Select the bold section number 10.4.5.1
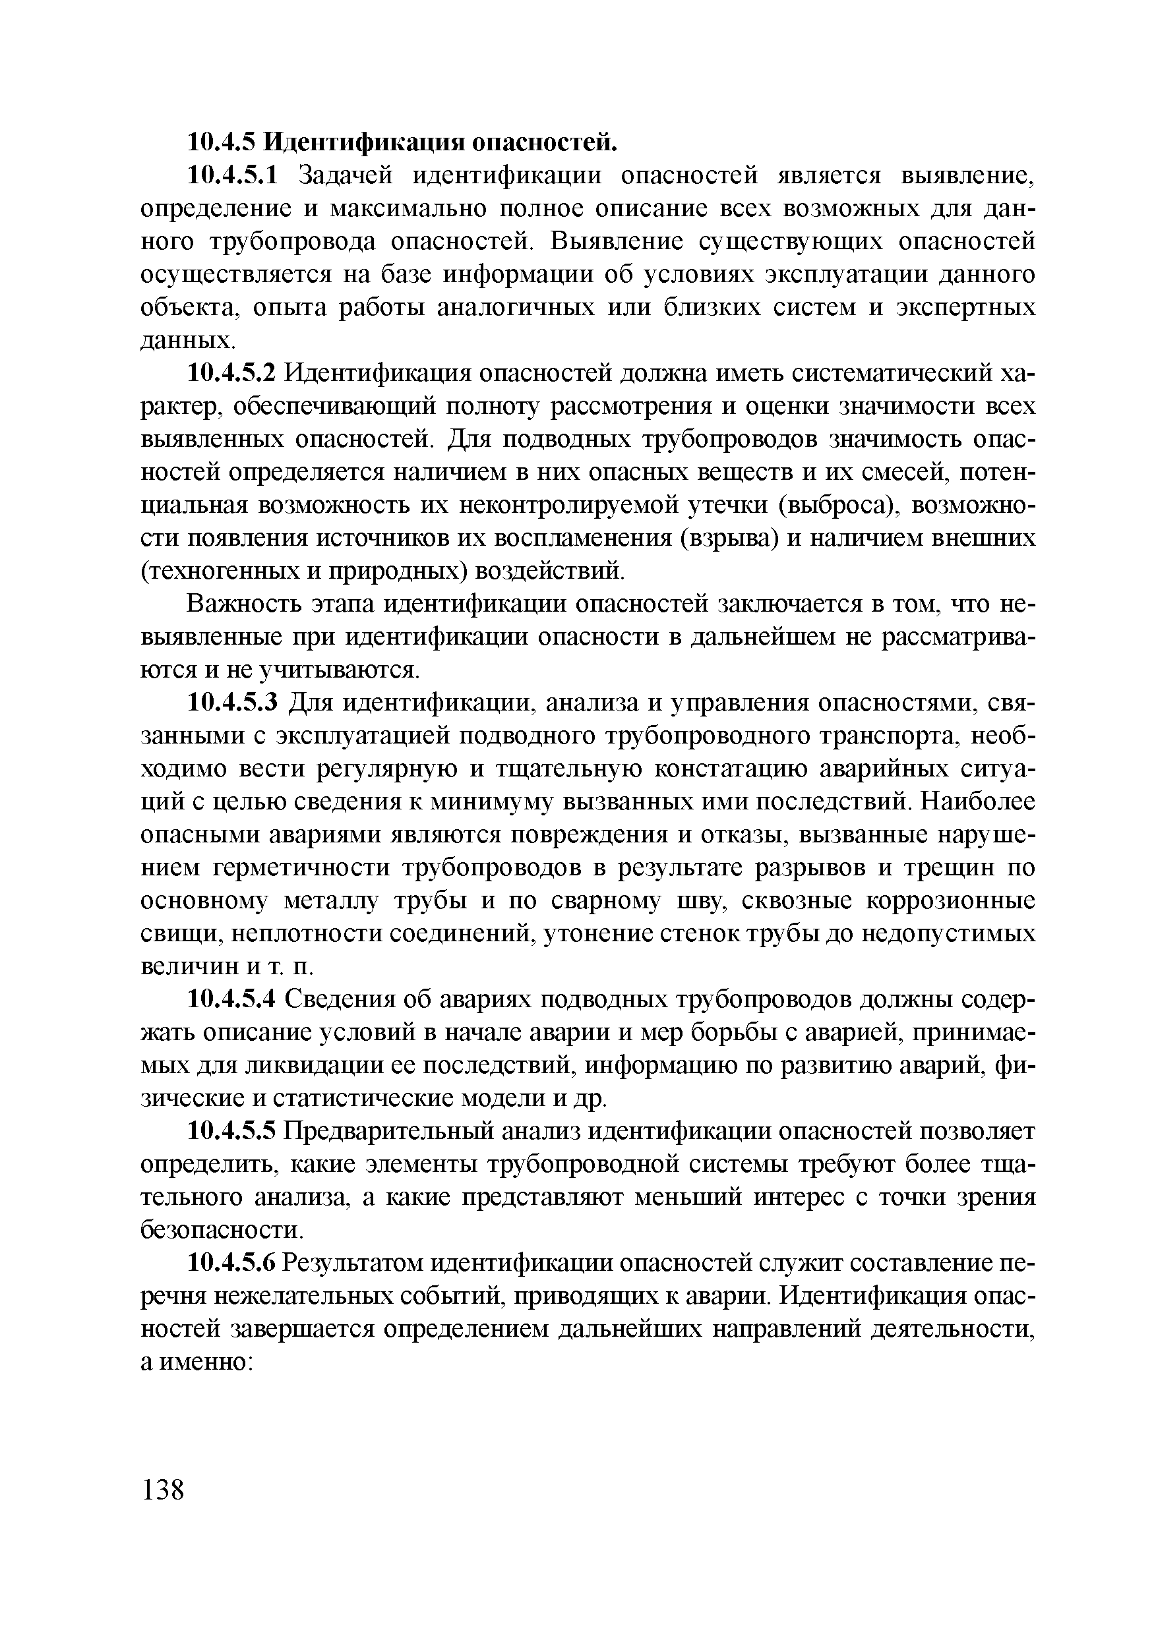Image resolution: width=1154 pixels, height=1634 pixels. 234,175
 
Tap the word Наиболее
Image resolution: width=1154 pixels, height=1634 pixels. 977,802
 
